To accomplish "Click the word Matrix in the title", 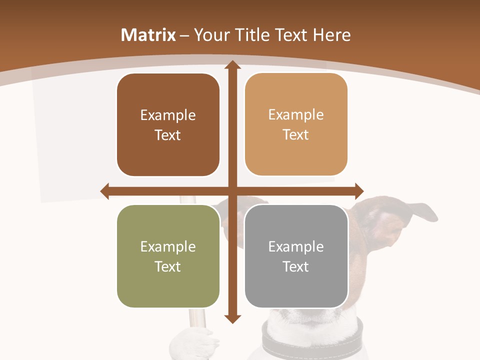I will (148, 35).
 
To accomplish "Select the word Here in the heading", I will (331, 35).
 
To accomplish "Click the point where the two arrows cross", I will (232, 191).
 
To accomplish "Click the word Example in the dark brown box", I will (168, 115).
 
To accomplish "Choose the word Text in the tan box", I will (296, 135).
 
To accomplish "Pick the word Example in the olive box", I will (168, 247).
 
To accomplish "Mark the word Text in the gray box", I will (296, 267).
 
